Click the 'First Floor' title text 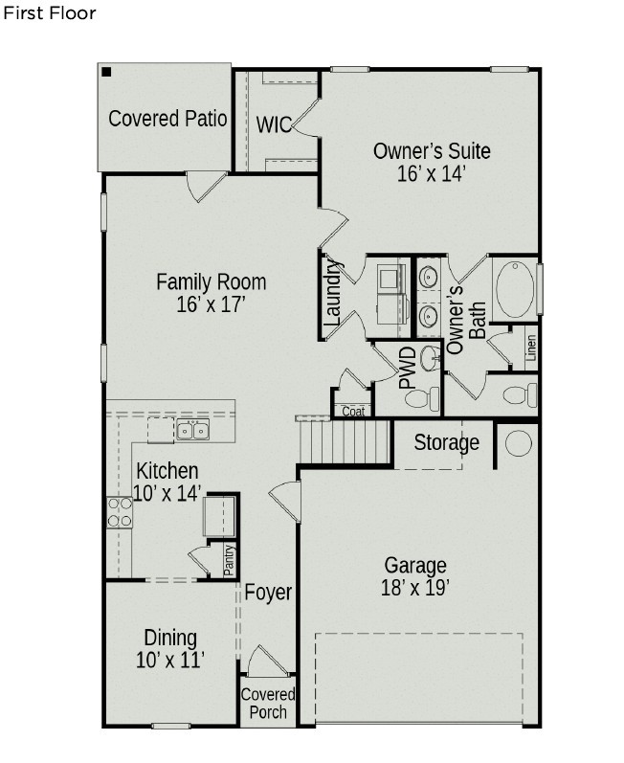(x=50, y=14)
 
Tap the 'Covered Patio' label (x=167, y=119)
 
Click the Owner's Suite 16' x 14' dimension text (x=432, y=174)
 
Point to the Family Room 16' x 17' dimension (x=212, y=304)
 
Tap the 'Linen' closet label (x=530, y=349)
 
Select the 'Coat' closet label (x=353, y=412)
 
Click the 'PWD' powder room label (x=408, y=368)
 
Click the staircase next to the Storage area (x=345, y=442)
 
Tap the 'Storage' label (x=446, y=443)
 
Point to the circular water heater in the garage (x=518, y=442)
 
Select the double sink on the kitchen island (x=192, y=431)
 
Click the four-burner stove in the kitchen (x=119, y=512)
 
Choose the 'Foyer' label (x=268, y=593)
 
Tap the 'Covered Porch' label (x=268, y=703)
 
